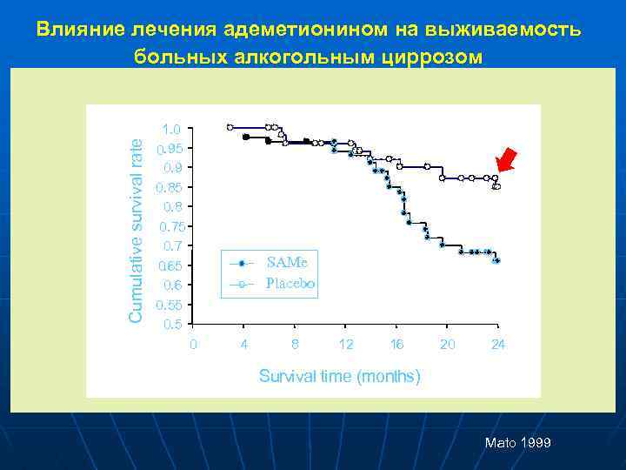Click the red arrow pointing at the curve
pos(505,162)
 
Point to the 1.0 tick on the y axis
pos(171,129)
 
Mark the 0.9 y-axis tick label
pos(171,167)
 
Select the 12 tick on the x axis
pos(346,345)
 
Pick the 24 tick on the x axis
pos(497,345)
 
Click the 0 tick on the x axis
pos(193,345)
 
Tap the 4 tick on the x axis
pos(244,345)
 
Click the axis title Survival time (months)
pos(340,376)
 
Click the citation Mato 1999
pos(517,444)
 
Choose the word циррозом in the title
pos(432,57)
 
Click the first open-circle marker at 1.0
pos(230,127)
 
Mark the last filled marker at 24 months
pos(496,260)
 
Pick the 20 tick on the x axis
pos(447,345)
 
